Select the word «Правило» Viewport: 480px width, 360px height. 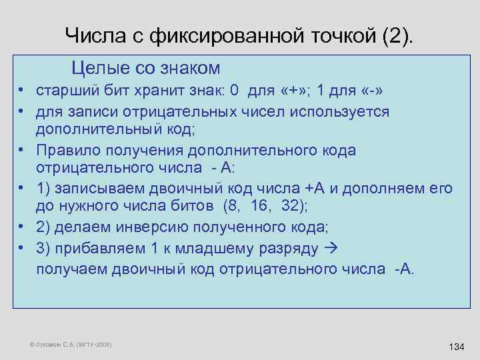click(x=69, y=150)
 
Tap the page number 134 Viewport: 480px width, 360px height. click(x=457, y=347)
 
